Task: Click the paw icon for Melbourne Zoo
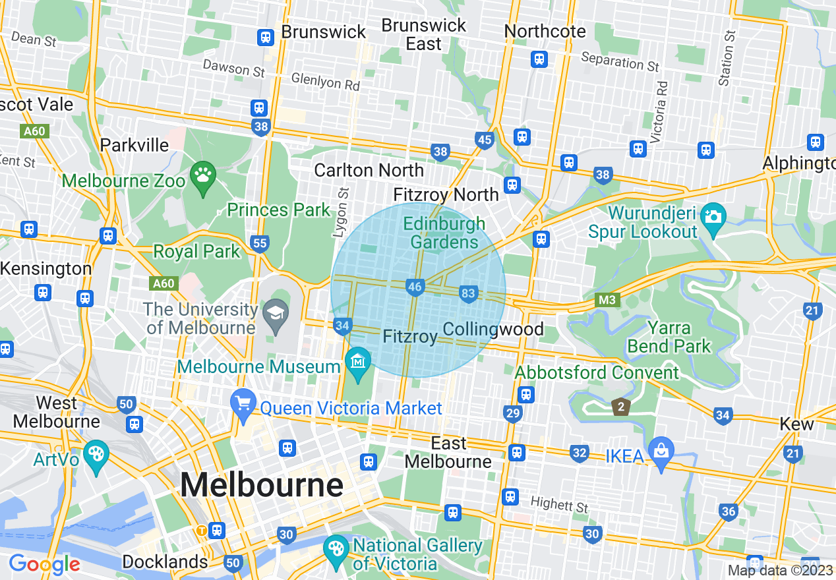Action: click(202, 176)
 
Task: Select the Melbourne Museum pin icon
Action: click(359, 362)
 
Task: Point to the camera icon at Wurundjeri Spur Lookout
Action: click(712, 217)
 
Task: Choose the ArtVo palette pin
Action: click(96, 454)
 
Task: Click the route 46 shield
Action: click(415, 287)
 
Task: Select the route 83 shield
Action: click(469, 294)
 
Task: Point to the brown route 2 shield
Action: click(620, 406)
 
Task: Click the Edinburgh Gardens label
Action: click(444, 233)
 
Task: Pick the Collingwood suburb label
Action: click(493, 330)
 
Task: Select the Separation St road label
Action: click(620, 63)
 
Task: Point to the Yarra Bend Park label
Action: click(669, 337)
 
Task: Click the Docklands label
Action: click(165, 562)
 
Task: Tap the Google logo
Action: click(44, 564)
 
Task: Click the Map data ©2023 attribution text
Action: click(780, 571)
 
